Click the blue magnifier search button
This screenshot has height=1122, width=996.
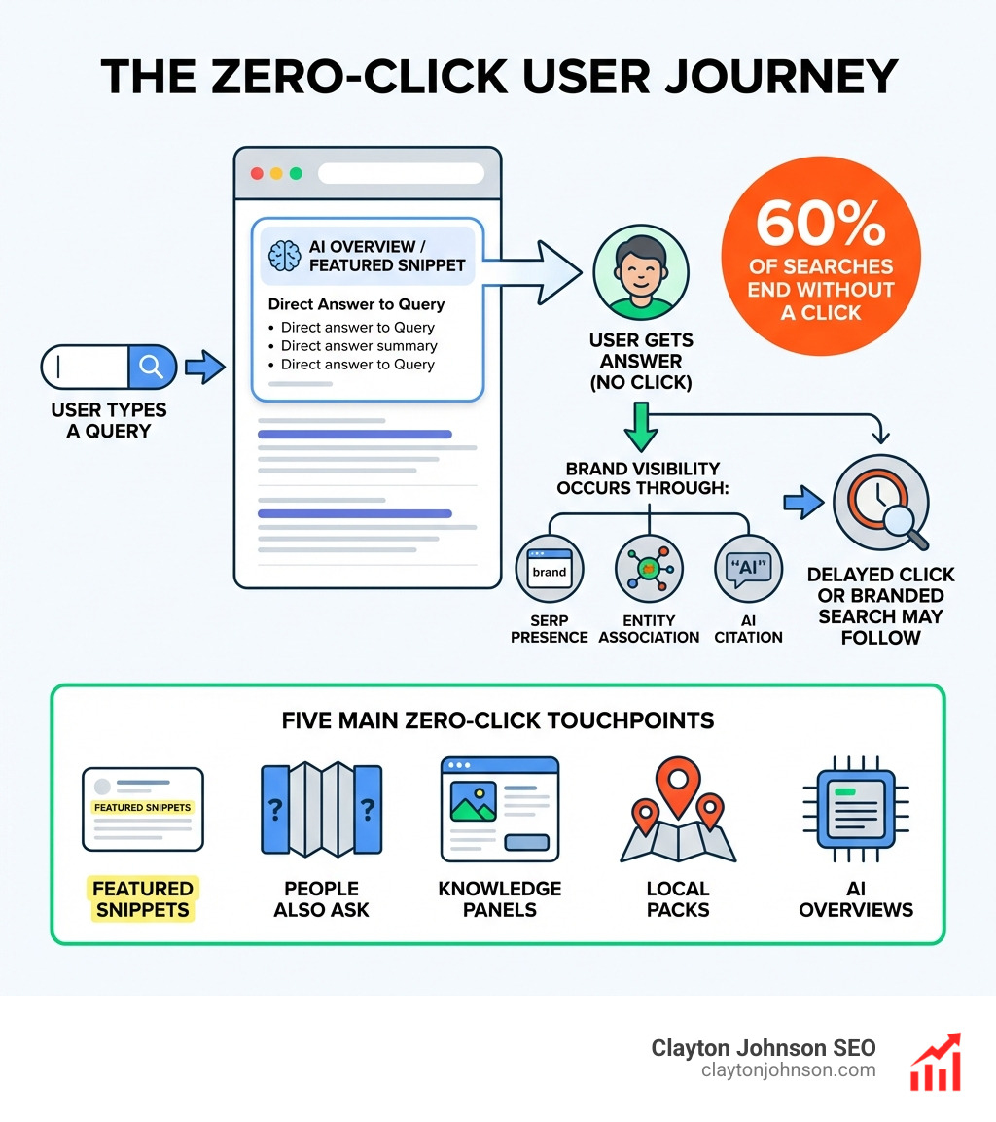click(152, 367)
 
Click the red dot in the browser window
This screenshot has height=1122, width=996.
click(258, 173)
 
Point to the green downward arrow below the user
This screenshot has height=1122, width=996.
click(639, 428)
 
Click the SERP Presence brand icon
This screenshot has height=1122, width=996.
click(549, 570)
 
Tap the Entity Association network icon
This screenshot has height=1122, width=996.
click(649, 570)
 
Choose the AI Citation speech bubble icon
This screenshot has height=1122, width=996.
click(748, 570)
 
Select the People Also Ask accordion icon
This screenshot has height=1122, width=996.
click(321, 809)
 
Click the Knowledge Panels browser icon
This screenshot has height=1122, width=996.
click(500, 809)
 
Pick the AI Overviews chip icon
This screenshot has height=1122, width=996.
click(856, 809)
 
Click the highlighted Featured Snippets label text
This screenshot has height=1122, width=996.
click(143, 899)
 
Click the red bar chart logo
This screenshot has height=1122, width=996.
click(935, 1064)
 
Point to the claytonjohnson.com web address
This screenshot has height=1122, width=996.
click(788, 1070)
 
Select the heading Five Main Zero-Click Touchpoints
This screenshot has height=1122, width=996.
click(497, 720)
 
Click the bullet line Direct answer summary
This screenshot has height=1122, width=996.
click(359, 346)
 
